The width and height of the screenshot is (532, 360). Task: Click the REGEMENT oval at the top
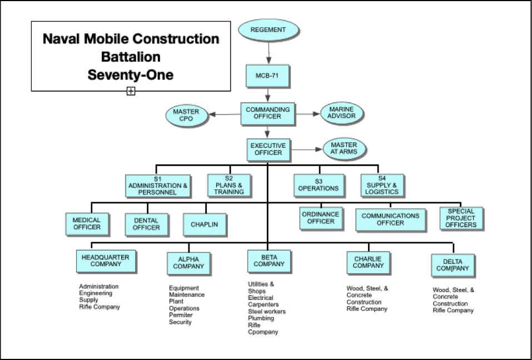tap(269, 30)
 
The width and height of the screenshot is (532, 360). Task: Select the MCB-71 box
tap(268, 76)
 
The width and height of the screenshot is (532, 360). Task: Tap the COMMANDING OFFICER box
tap(268, 113)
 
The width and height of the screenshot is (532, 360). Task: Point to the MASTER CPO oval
tap(187, 115)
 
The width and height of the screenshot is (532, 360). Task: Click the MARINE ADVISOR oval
tap(342, 113)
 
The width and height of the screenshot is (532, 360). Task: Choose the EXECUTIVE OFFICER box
tap(269, 149)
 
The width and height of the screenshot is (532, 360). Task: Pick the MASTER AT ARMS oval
tap(344, 148)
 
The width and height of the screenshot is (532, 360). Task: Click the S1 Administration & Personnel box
tap(158, 186)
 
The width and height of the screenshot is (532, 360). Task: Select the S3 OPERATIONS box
tap(319, 185)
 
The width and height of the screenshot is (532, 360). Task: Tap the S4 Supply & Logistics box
tap(382, 185)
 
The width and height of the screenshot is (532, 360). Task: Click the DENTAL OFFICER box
tap(146, 224)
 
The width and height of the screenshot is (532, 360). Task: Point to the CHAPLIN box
tap(205, 224)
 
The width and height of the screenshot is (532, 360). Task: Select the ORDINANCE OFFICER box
tap(321, 218)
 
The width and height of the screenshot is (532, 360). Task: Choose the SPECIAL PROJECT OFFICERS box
tap(461, 218)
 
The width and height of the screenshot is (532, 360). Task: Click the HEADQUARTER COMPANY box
tap(106, 261)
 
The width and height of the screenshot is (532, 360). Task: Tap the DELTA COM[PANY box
tap(453, 265)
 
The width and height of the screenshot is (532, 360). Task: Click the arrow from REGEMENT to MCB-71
tap(269, 53)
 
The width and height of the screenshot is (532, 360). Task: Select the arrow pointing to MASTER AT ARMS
tap(306, 149)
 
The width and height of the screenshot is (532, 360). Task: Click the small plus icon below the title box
tap(131, 91)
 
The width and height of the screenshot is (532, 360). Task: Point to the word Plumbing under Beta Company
tap(261, 318)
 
